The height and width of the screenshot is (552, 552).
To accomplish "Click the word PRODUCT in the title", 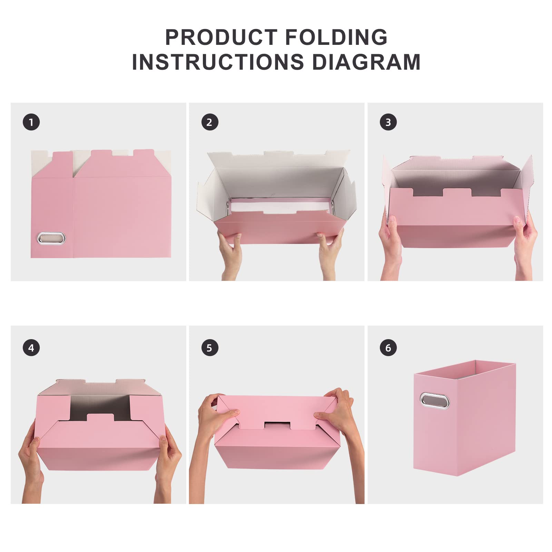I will [221, 37].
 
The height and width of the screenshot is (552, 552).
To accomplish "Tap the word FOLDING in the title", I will [336, 37].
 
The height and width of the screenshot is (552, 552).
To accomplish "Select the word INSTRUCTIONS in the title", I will [218, 62].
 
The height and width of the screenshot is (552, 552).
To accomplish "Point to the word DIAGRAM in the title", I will [366, 62].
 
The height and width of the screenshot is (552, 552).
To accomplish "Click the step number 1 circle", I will [31, 122].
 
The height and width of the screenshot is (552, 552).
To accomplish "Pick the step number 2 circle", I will [210, 122].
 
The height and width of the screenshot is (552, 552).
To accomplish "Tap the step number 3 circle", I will [388, 122].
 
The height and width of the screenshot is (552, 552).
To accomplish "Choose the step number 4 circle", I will [31, 348].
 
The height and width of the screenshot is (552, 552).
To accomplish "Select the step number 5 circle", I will [210, 348].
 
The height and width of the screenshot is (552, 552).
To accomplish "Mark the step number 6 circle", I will [388, 348].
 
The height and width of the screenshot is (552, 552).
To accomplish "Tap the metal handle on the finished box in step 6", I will [434, 401].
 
